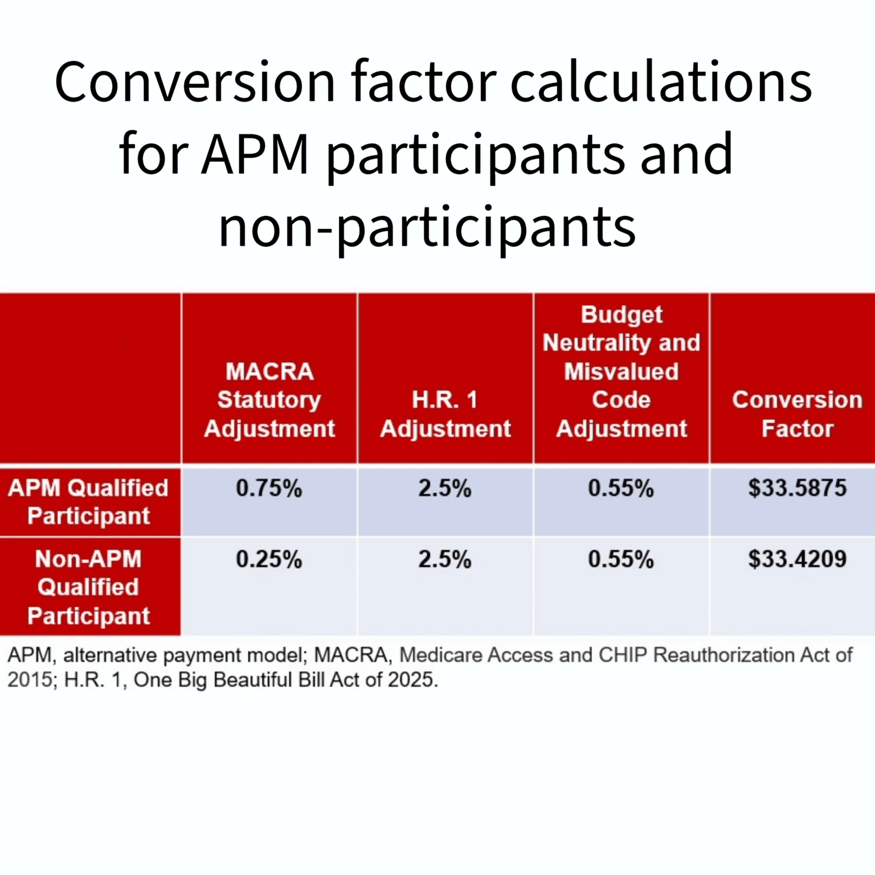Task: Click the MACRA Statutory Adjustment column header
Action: click(x=269, y=400)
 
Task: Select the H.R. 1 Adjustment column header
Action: click(x=445, y=414)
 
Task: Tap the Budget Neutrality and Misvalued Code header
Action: click(x=621, y=371)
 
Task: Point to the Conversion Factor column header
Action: click(x=797, y=414)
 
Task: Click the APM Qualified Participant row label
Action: click(x=88, y=502)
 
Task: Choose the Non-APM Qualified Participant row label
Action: click(x=88, y=587)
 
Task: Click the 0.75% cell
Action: click(x=269, y=489)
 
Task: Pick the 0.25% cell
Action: click(x=269, y=559)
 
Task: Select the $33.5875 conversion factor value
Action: click(x=797, y=488)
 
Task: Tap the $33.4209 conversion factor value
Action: click(x=797, y=559)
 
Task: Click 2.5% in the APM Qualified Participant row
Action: click(x=445, y=489)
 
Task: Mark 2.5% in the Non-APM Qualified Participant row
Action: click(x=445, y=559)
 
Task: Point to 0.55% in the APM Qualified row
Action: click(x=621, y=489)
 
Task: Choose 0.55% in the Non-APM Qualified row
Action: click(x=621, y=559)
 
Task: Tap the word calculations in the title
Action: click(x=661, y=83)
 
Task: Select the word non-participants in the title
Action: click(x=427, y=227)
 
